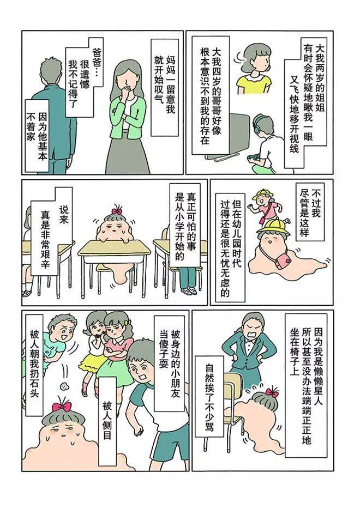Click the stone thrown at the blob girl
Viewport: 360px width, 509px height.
(64, 386)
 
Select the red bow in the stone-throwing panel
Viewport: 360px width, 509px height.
(62, 407)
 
